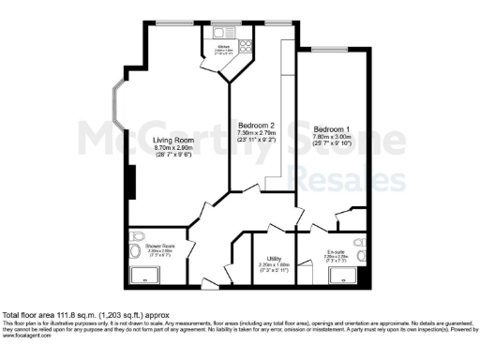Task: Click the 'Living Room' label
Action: (172, 141)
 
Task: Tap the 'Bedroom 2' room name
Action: (256, 126)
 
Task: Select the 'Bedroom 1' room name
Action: (333, 128)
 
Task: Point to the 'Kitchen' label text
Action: (224, 45)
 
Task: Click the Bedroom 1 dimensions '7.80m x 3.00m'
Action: (333, 138)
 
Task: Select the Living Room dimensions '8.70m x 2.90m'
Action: (172, 150)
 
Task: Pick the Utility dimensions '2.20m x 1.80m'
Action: (275, 265)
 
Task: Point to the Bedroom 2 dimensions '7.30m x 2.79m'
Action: (256, 135)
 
